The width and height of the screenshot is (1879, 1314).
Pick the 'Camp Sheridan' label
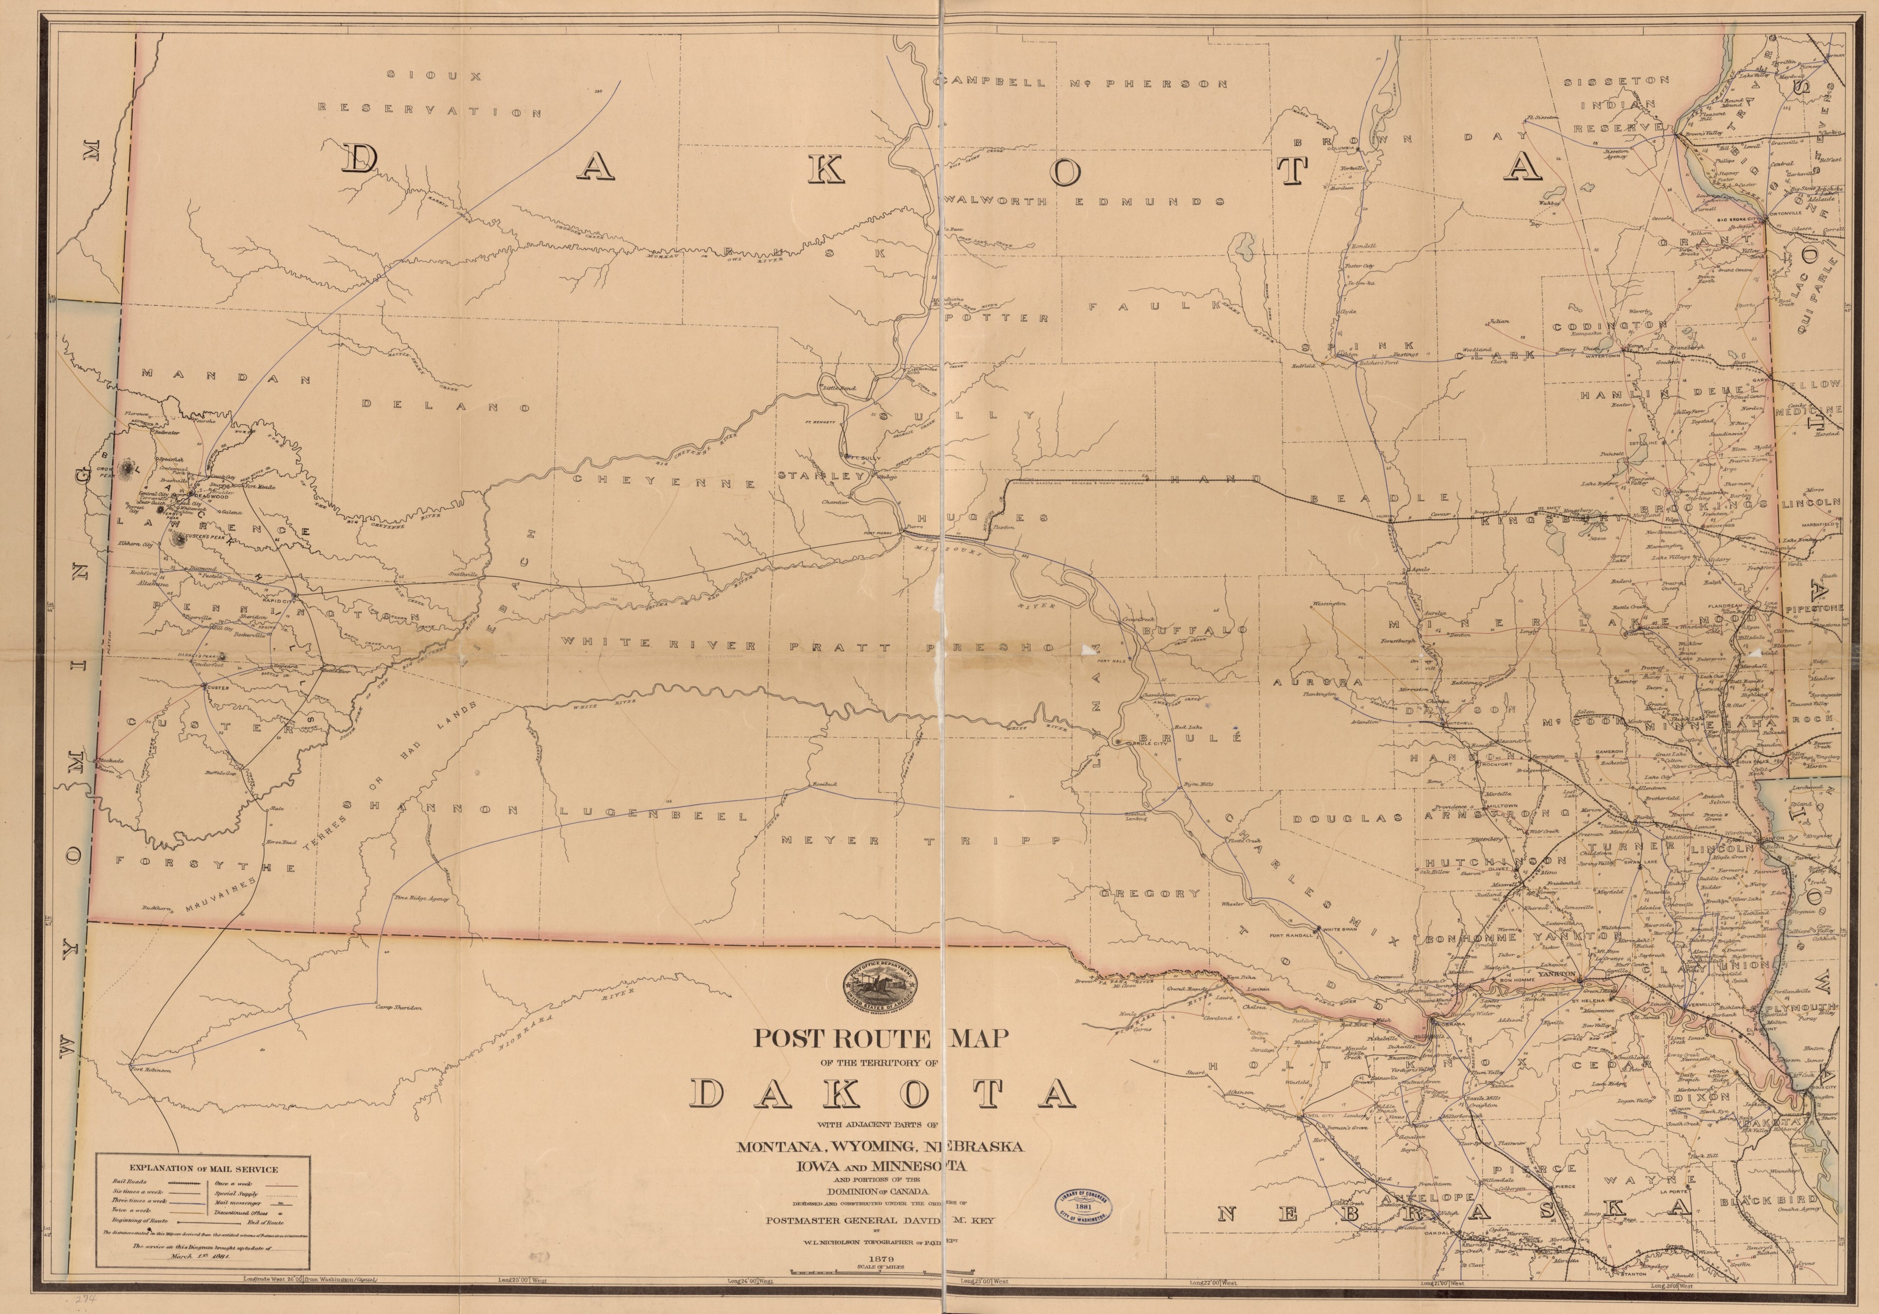398,1007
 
